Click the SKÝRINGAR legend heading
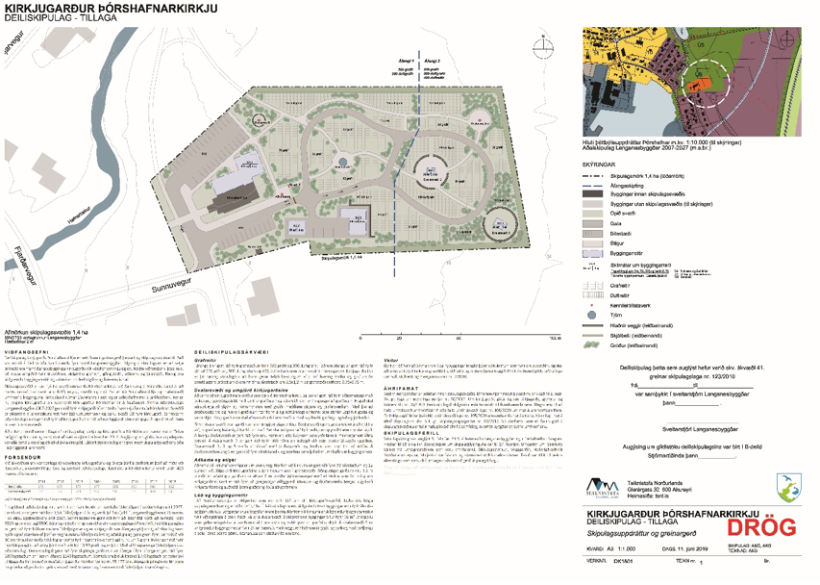[609, 164]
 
